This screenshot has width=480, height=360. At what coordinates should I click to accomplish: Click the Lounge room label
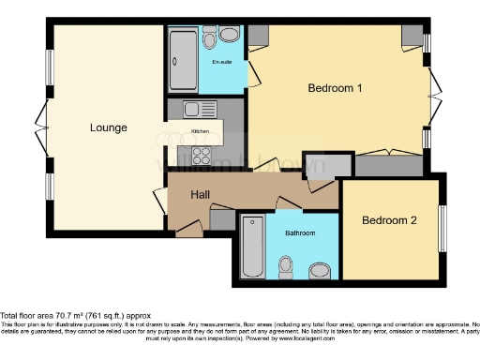pyautogui.click(x=109, y=127)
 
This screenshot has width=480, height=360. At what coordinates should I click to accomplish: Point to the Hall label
pyautogui.click(x=200, y=195)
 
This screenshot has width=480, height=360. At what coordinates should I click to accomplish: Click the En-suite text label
pyautogui.click(x=221, y=63)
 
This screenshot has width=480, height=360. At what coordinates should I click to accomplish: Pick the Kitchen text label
pyautogui.click(x=201, y=131)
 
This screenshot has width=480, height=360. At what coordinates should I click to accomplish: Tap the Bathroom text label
pyautogui.click(x=300, y=232)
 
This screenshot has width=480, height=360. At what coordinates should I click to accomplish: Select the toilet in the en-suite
pyautogui.click(x=208, y=37)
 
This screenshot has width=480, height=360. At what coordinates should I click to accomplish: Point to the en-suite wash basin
pyautogui.click(x=230, y=35)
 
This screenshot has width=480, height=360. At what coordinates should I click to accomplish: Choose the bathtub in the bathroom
pyautogui.click(x=251, y=248)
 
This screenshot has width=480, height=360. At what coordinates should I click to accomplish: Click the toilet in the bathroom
pyautogui.click(x=289, y=268)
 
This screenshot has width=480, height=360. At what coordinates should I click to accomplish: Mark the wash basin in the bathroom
pyautogui.click(x=321, y=271)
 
